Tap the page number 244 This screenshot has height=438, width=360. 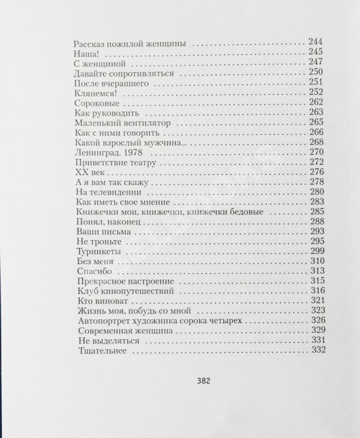click(x=315, y=42)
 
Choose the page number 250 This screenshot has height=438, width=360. click(x=316, y=72)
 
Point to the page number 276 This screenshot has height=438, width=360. click(x=316, y=172)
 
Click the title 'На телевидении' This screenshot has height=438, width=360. click(x=106, y=194)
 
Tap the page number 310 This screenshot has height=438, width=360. click(x=317, y=261)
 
